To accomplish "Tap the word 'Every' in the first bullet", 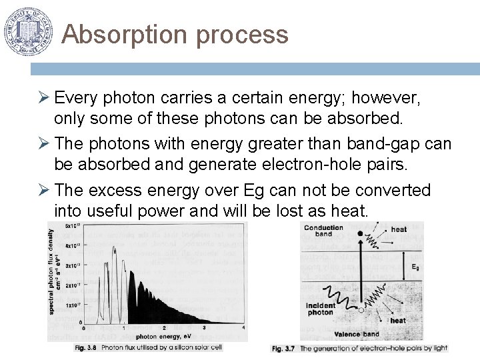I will tap(73, 99).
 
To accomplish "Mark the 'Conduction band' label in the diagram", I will tap(323, 231).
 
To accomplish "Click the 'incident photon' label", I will tap(321, 309).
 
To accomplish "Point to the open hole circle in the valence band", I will tap(361, 309).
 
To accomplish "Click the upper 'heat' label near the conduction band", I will tap(399, 229).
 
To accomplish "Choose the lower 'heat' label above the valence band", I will tap(398, 321).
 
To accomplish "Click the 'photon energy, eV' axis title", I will tap(154, 336).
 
